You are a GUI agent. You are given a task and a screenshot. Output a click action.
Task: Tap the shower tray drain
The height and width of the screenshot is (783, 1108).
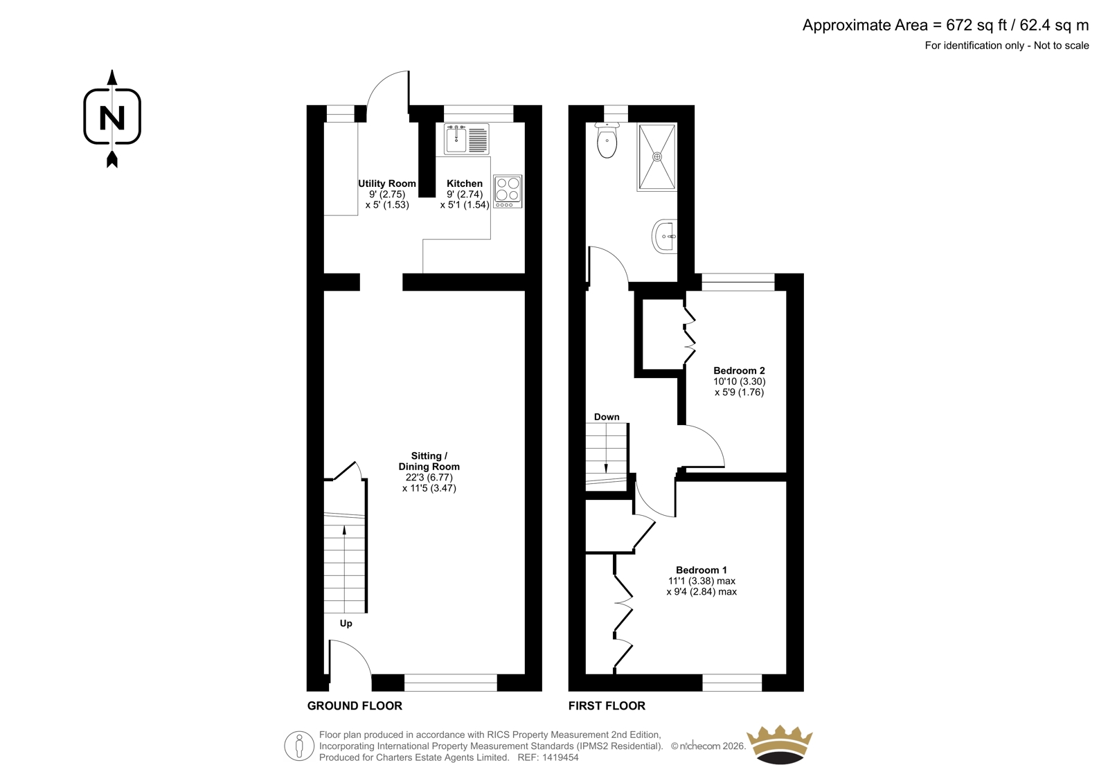[x=657, y=156]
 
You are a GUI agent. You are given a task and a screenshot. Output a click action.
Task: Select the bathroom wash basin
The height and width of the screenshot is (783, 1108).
[x=665, y=237]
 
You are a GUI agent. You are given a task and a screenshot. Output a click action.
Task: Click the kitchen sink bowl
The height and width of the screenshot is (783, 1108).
[x=456, y=140]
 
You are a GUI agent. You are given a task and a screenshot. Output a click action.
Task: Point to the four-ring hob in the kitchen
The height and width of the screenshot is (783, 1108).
[x=508, y=191]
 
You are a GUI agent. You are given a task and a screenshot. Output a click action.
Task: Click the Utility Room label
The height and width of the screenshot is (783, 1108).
[x=387, y=183]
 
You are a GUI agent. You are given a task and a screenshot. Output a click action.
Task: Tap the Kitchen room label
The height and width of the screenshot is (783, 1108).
[x=465, y=183]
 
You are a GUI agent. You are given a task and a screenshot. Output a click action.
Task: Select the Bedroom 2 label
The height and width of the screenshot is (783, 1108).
[x=739, y=370]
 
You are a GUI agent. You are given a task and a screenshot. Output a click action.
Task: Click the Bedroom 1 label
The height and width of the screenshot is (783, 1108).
[x=702, y=570]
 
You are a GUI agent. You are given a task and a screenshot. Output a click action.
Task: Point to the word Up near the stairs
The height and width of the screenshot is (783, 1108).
[x=346, y=624]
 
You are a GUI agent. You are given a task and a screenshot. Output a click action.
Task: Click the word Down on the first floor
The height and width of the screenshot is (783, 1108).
[x=607, y=417]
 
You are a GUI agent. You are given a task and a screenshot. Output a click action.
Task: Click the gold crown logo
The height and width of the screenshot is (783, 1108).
[x=779, y=744]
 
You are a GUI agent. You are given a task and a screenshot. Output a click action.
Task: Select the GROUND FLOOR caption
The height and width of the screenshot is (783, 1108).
[x=355, y=706]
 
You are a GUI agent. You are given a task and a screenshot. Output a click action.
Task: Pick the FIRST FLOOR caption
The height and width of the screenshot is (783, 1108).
[x=607, y=706]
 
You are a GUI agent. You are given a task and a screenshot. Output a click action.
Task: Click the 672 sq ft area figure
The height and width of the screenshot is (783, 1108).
[x=976, y=25]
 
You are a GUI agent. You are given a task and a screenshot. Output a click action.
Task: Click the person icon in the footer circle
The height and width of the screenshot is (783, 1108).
[x=298, y=746]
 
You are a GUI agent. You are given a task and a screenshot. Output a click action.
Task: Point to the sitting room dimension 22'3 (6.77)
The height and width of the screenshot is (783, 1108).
[x=429, y=477]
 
